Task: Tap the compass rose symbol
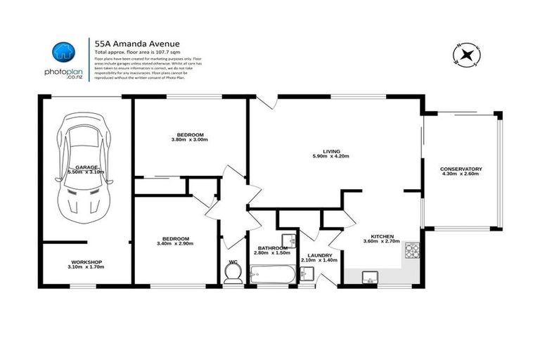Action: pyautogui.click(x=466, y=54)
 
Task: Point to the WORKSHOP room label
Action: pyautogui.click(x=86, y=263)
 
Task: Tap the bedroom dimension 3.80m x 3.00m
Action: pyautogui.click(x=189, y=139)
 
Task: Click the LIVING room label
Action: pyautogui.click(x=330, y=152)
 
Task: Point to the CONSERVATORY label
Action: pyautogui.click(x=461, y=169)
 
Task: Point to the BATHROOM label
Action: pyautogui.click(x=273, y=248)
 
